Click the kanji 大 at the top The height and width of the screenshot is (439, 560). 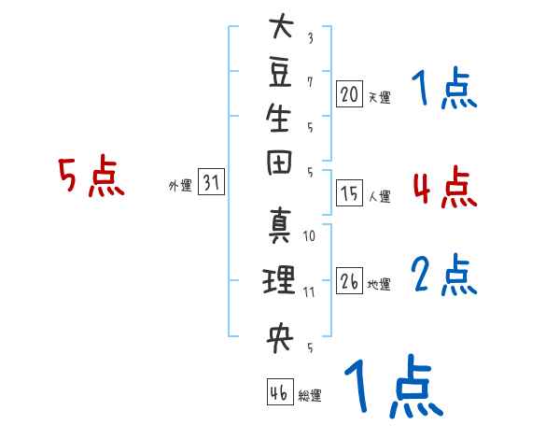pos(282,25)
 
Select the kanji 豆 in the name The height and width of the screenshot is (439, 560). pos(280,72)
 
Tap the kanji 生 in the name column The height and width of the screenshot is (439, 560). pos(279,118)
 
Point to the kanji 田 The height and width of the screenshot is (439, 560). pos(279,163)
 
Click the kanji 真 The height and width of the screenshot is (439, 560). pos(280,226)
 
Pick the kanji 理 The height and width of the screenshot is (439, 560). pos(279,279)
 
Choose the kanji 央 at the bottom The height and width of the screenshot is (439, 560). pos(280,337)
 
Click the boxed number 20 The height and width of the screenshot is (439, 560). pos(349,93)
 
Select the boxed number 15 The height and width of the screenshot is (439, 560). pos(349,192)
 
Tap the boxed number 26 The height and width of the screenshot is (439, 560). pos(349,280)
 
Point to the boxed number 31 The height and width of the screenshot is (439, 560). pos(211,181)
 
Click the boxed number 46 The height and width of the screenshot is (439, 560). pos(280,391)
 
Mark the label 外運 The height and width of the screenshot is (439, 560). pos(180,186)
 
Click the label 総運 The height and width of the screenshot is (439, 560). pos(310,395)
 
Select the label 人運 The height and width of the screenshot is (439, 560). pos(380,196)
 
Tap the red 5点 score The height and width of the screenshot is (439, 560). pos(91,177)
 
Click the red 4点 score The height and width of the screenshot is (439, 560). pos(445,187)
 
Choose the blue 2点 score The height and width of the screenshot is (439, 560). pos(444,275)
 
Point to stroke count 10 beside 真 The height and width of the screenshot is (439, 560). pos(309,236)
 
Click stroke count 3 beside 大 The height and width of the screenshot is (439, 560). pos(311,38)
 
